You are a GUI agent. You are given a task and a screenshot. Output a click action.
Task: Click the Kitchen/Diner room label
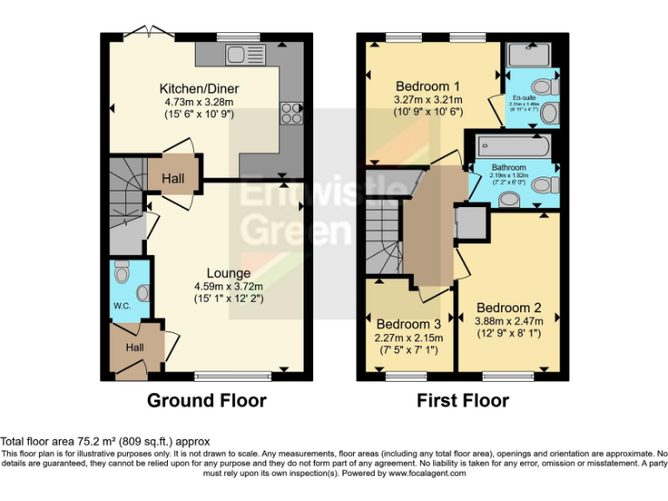(198, 89)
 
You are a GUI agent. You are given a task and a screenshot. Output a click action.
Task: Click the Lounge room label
(228, 273)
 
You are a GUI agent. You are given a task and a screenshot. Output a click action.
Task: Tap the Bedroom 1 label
(427, 86)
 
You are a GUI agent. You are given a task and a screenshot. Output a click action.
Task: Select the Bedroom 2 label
(509, 307)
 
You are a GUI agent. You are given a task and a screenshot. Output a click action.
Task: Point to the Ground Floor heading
(206, 401)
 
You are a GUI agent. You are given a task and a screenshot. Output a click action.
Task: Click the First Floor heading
(464, 401)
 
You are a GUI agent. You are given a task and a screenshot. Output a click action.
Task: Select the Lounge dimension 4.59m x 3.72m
(228, 286)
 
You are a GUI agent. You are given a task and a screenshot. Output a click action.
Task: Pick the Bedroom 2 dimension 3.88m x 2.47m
(509, 322)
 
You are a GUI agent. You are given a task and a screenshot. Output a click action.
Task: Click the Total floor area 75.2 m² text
(105, 442)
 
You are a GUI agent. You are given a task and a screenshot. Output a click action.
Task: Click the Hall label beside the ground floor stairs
(173, 178)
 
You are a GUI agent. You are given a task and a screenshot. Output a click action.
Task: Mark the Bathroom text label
(509, 167)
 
